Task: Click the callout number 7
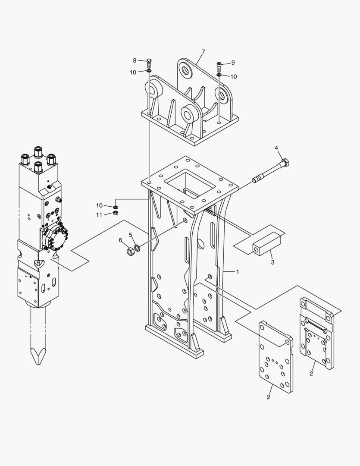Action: (203, 52)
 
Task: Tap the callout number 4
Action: (276, 148)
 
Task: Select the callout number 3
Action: (272, 262)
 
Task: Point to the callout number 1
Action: (237, 272)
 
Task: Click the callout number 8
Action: (135, 60)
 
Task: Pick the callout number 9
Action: (233, 63)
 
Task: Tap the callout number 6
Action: (121, 240)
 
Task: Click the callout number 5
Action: (130, 235)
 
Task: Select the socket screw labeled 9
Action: (219, 66)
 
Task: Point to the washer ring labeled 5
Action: (137, 248)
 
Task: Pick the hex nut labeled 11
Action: (116, 213)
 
